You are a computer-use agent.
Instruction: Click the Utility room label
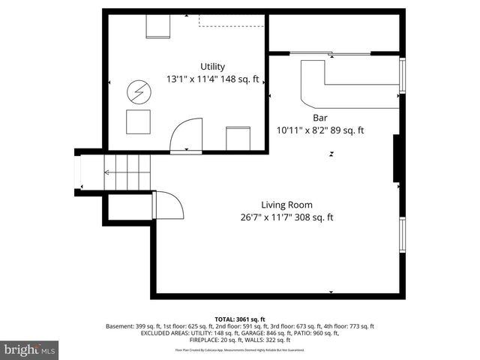point(212,67)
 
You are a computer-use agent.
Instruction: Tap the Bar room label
point(320,118)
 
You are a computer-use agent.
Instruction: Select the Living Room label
point(286,205)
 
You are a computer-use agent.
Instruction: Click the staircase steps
point(127,172)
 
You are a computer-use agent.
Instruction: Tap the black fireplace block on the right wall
point(397,159)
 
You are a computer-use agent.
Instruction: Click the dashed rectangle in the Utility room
point(232,20)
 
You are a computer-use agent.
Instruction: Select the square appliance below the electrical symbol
point(138,121)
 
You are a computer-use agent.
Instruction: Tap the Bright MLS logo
point(30,349)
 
